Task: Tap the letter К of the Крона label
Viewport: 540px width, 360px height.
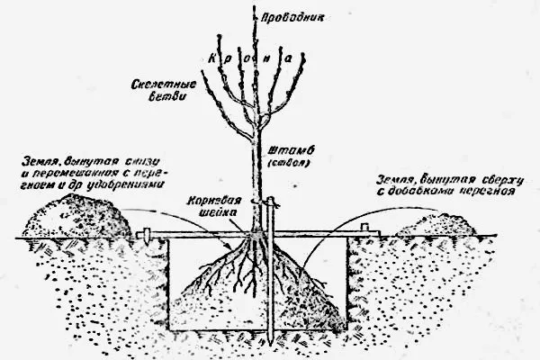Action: pyautogui.click(x=212, y=55)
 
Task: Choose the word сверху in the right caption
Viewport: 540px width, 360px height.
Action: pyautogui.click(x=493, y=177)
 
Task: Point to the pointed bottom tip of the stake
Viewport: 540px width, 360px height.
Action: pyautogui.click(x=269, y=346)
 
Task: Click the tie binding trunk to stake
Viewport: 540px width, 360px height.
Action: pyautogui.click(x=261, y=199)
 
